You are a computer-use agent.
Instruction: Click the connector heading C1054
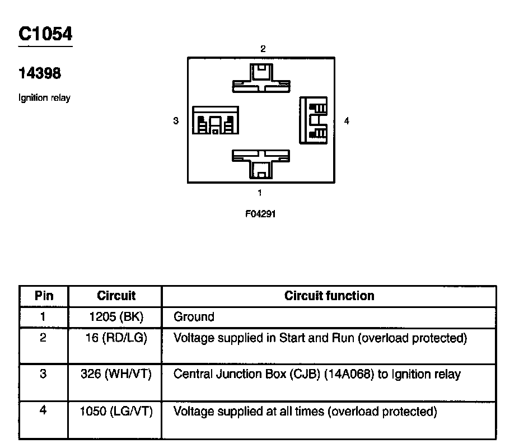(x=45, y=34)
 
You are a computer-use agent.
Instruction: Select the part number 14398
(x=40, y=73)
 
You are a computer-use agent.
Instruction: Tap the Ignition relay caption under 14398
(x=45, y=99)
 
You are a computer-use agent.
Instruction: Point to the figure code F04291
(x=260, y=214)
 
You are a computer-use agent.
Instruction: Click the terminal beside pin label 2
(x=261, y=78)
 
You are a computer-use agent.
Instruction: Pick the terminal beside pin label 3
(x=216, y=120)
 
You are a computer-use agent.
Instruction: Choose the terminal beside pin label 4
(x=314, y=120)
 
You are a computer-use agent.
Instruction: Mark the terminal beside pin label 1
(x=261, y=163)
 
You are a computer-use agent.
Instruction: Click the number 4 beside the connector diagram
(x=347, y=120)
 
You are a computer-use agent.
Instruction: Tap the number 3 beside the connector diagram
(x=176, y=120)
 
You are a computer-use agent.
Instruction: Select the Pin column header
(x=44, y=296)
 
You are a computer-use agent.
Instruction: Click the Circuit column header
(x=116, y=296)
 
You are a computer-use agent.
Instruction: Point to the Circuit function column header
(x=329, y=296)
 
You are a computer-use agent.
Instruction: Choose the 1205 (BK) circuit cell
(x=116, y=317)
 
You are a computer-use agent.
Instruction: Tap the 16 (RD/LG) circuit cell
(x=116, y=338)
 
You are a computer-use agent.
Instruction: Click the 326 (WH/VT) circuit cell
(x=116, y=374)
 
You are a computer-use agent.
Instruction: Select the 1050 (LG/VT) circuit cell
(x=116, y=412)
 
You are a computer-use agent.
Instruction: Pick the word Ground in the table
(x=194, y=317)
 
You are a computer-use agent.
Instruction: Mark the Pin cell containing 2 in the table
(x=44, y=338)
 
